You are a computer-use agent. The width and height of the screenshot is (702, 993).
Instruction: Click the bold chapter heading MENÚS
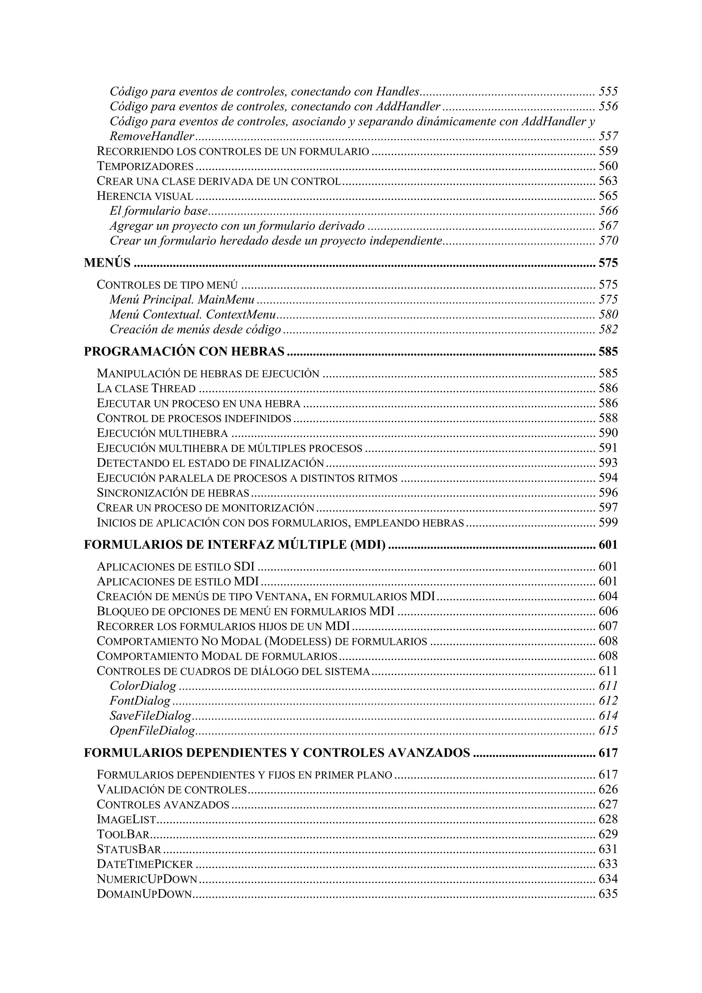(x=107, y=263)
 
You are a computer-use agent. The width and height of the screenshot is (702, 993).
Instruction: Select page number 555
(x=608, y=92)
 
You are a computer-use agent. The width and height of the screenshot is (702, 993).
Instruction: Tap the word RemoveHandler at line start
(x=152, y=137)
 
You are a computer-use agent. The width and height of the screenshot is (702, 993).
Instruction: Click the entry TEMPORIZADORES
(x=145, y=167)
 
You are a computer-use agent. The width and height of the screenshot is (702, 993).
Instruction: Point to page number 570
(x=608, y=241)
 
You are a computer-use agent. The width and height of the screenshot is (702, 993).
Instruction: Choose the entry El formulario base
(x=159, y=211)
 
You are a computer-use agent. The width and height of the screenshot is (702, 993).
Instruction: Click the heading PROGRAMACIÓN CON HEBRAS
(x=184, y=352)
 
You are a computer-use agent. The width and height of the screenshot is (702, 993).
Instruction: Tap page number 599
(x=608, y=523)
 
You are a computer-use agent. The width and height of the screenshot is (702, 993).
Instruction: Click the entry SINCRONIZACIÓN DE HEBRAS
(x=173, y=493)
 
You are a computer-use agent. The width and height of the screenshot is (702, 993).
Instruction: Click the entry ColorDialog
(x=143, y=686)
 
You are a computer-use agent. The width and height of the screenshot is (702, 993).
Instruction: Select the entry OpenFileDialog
(x=152, y=731)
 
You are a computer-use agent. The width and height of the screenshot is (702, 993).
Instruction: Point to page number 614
(x=608, y=716)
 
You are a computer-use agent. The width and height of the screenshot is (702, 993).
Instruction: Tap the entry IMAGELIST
(x=126, y=820)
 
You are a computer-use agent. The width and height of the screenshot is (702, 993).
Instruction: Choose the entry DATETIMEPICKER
(x=145, y=864)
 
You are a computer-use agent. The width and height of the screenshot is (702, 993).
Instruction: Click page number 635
(x=608, y=894)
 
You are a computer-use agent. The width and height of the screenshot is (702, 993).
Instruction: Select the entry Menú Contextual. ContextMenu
(x=193, y=315)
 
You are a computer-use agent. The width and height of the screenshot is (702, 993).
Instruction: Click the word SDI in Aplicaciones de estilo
(x=244, y=566)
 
